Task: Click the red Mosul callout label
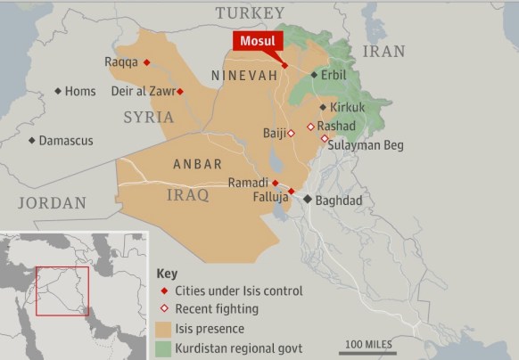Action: pos(259,41)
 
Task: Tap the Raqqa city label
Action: pos(121,61)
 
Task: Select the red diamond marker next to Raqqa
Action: pos(147,61)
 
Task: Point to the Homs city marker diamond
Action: pos(58,91)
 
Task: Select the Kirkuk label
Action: pos(347,107)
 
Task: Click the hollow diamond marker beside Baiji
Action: pos(291,133)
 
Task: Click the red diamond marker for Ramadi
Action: pos(276,182)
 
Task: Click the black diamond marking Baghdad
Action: pos(308,200)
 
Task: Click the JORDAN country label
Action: pos(53,203)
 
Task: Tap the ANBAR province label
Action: pos(197,164)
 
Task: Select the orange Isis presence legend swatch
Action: pos(164,329)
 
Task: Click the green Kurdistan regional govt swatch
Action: pos(164,348)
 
